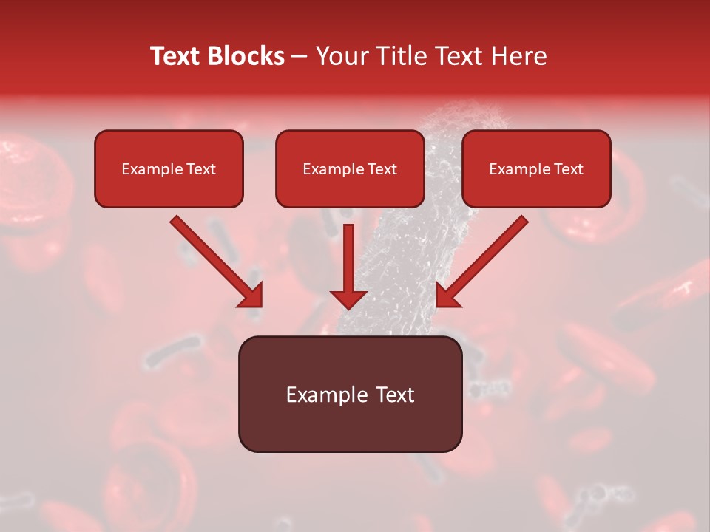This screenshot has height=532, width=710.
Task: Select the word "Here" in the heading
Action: point(520,56)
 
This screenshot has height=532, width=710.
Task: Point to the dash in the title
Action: point(300,57)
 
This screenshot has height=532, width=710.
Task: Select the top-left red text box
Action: point(169,168)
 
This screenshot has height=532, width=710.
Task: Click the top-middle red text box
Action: point(350,168)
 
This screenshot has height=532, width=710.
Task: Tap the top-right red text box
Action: point(536,168)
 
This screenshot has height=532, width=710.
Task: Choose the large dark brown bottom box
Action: point(350,394)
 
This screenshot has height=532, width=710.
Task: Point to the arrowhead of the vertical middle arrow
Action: point(348,299)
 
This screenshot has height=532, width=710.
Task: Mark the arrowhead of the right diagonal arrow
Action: point(447,296)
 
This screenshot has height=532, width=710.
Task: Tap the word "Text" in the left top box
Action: point(201,169)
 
